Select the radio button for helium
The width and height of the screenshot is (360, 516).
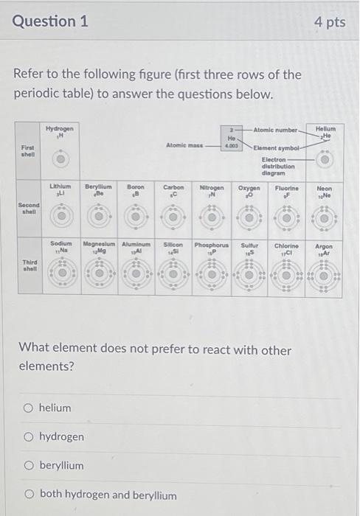point(29,408)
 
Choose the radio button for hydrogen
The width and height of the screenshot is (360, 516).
point(29,436)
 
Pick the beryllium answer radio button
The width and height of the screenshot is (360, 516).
point(29,465)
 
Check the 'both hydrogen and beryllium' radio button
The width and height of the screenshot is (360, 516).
point(29,495)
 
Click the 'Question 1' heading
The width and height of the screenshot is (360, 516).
point(50,21)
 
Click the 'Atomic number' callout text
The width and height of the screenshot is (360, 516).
point(275,130)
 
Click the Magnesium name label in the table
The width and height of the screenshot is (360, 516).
point(100,243)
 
